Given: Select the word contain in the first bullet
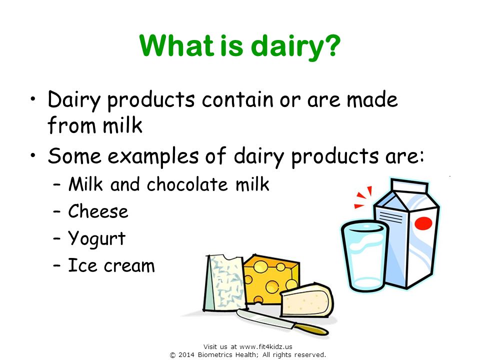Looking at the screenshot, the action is tap(237, 99).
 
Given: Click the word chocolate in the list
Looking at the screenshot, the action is tap(187, 184).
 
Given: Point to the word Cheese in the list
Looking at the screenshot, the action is tap(98, 211).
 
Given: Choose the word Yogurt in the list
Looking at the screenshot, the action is tap(96, 239).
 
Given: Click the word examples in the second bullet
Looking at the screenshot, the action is tap(153, 156).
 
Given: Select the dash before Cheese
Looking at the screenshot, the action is tap(56, 212).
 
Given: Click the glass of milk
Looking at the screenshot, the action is tap(364, 256).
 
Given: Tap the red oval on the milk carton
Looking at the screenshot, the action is tap(423, 223).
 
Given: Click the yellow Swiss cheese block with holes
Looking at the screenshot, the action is tap(270, 279).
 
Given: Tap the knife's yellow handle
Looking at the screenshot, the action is tap(310, 329).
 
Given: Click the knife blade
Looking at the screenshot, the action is tap(265, 318).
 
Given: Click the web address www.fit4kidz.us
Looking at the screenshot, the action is tap(265, 347).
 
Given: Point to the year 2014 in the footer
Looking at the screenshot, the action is tap(186, 355).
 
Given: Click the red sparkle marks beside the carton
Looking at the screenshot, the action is tap(363, 197).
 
